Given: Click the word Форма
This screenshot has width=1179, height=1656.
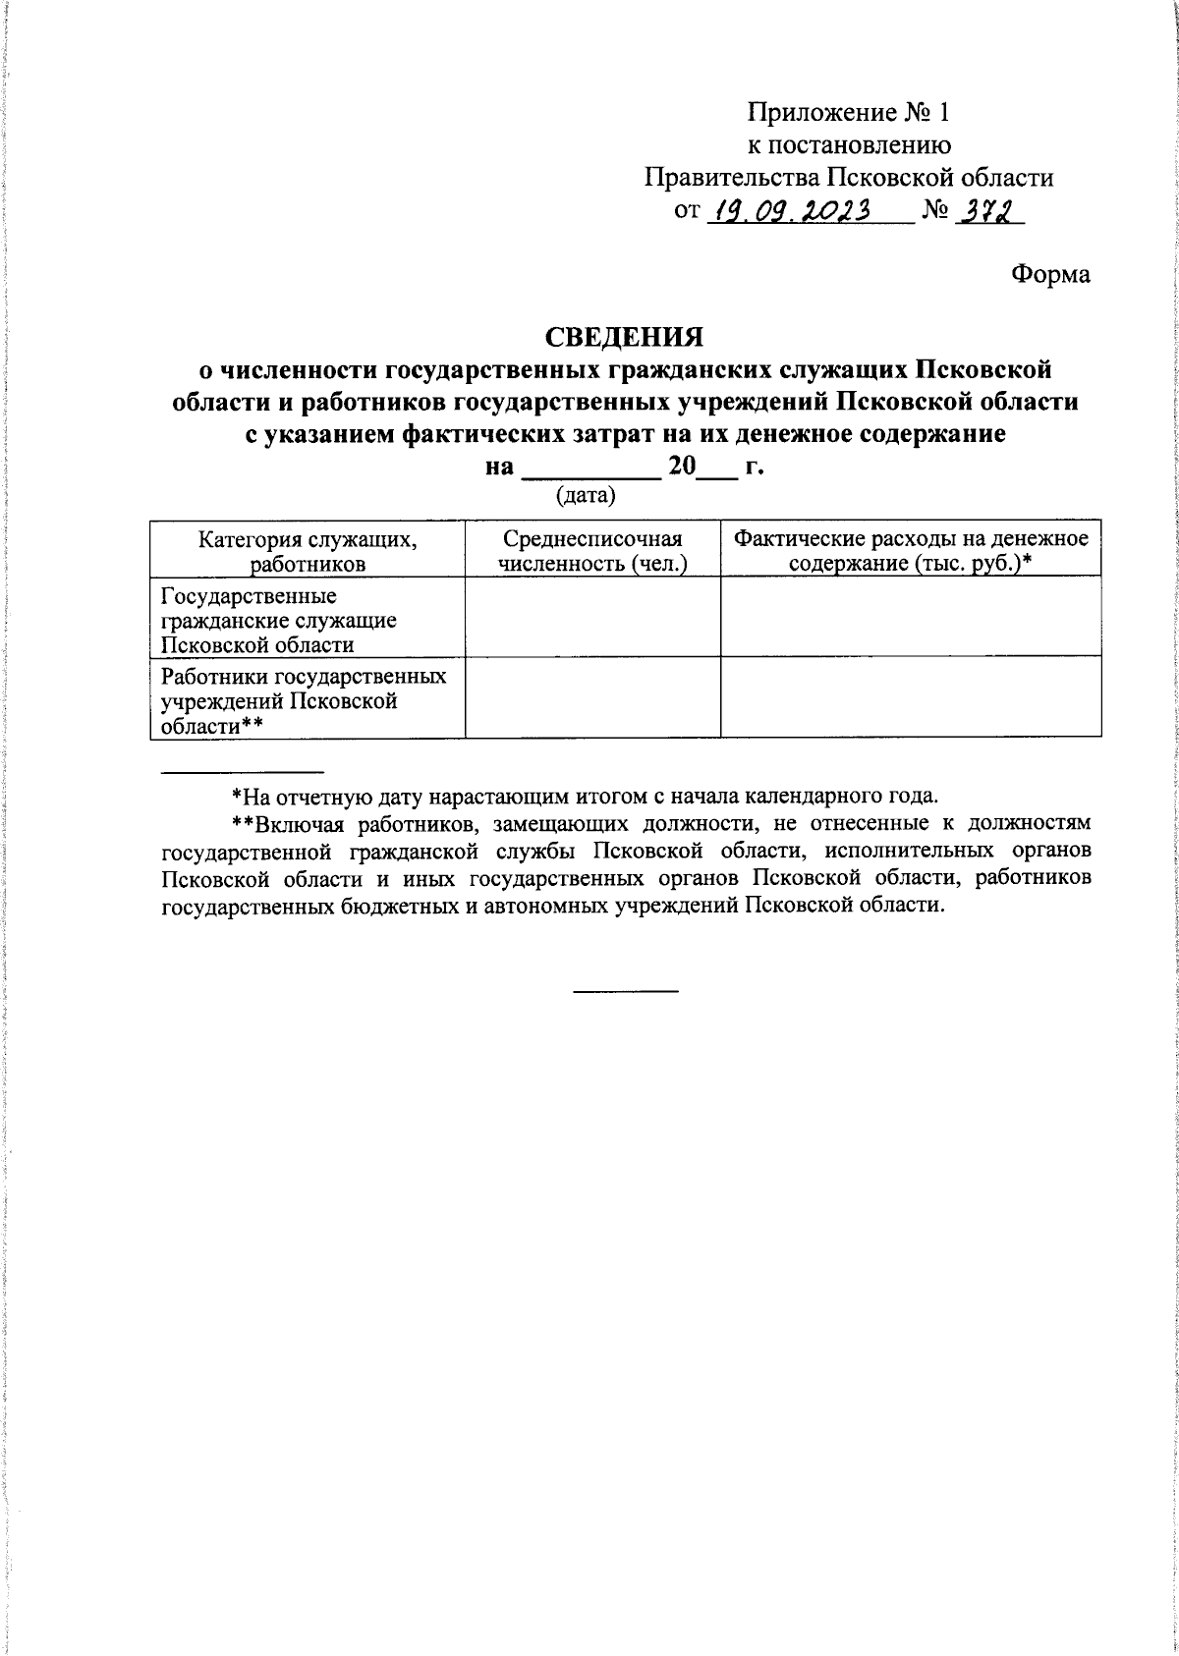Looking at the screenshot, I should (1050, 275).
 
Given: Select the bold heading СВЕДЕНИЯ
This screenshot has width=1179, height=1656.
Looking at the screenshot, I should (625, 336).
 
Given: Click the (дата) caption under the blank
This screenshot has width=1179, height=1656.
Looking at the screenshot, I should (586, 496).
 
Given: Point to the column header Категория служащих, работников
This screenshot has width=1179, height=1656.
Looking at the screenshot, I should (308, 550).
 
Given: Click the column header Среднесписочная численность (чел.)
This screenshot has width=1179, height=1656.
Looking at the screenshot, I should (592, 550).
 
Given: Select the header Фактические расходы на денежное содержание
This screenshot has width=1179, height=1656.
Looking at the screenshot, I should (911, 550).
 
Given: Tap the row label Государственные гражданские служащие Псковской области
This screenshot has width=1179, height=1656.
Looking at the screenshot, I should (279, 620).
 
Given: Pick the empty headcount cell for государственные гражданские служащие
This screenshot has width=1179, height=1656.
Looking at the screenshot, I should (592, 617).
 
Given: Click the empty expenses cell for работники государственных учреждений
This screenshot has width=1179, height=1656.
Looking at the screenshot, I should (911, 697).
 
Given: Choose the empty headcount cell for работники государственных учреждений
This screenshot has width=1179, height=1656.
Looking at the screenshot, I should (592, 697).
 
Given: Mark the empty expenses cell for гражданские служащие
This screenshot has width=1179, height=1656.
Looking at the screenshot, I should (911, 617).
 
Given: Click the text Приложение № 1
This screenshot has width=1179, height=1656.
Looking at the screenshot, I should (848, 112).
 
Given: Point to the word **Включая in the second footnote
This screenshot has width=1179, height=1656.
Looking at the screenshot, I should (281, 822).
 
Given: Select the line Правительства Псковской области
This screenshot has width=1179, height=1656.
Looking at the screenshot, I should (848, 178).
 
